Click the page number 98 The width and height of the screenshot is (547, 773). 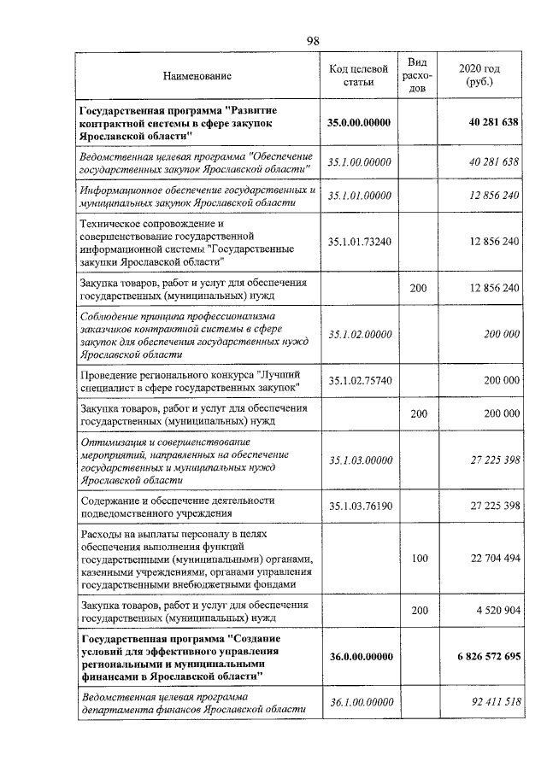(x=313, y=41)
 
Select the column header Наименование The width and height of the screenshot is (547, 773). (x=197, y=77)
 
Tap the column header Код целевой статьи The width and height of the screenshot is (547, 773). (x=359, y=76)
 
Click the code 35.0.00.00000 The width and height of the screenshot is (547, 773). (x=359, y=124)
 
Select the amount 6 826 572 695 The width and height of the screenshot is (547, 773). (x=483, y=657)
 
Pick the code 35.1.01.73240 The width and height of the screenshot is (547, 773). (x=359, y=242)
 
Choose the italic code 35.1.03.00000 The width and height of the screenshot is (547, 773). (x=359, y=461)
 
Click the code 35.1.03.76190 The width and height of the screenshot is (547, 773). (x=359, y=507)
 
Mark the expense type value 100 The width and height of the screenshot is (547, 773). (x=419, y=559)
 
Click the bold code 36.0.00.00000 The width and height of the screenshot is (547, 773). (x=359, y=657)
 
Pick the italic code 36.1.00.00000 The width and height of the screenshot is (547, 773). (x=359, y=702)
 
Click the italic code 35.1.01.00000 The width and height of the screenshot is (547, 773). (x=359, y=196)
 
